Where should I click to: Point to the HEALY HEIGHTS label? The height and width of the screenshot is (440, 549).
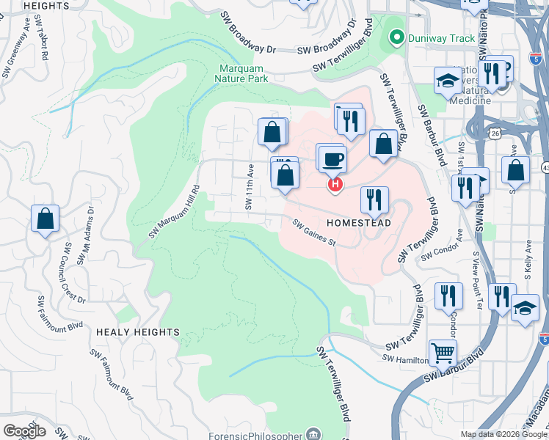pyautogui.click(x=137, y=332)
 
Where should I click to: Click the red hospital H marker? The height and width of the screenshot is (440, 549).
pyautogui.click(x=335, y=185)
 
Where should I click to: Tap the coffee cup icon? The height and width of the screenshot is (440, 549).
pyautogui.click(x=332, y=158)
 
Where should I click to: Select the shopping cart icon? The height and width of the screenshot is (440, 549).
pyautogui.click(x=443, y=353)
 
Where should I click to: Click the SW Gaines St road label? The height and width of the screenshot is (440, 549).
pyautogui.click(x=313, y=233)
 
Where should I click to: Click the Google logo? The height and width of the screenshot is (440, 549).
pyautogui.click(x=25, y=431)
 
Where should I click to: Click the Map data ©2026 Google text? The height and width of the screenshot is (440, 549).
pyautogui.click(x=503, y=434)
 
